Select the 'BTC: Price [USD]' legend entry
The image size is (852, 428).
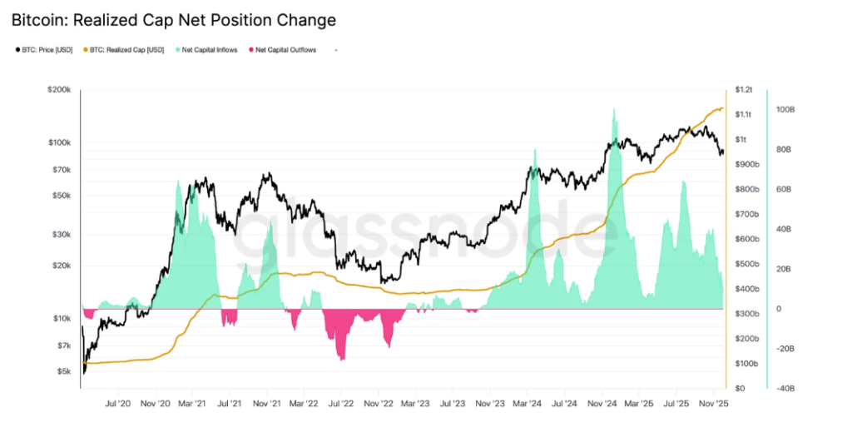tap(45, 50)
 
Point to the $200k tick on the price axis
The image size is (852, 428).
tap(60, 89)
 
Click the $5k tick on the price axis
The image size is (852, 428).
tap(64, 371)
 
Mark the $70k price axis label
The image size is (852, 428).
tap(62, 170)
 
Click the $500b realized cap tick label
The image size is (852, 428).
tap(746, 264)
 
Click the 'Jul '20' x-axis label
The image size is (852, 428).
tap(118, 403)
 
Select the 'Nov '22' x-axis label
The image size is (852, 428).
tap(379, 403)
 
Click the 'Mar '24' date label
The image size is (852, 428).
tap(528, 403)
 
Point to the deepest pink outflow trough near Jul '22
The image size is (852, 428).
tap(342, 360)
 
